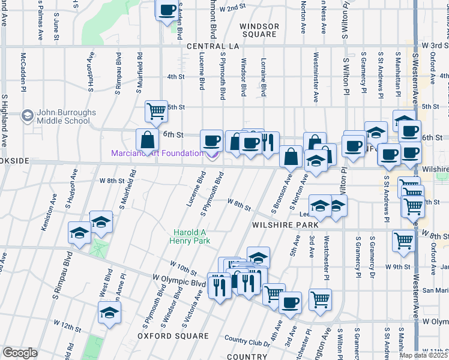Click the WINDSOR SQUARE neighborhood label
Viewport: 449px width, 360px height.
pos(259,31)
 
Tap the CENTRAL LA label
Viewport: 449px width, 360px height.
pos(212,46)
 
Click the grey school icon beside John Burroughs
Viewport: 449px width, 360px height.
pos(27,115)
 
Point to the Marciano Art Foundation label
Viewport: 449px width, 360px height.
pos(157,153)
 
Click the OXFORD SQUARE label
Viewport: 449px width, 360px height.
pos(164,337)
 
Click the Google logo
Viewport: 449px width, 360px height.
pos(20,353)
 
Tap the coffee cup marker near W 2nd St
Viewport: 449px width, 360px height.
pos(167,10)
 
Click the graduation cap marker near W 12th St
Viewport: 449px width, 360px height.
pos(109,313)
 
